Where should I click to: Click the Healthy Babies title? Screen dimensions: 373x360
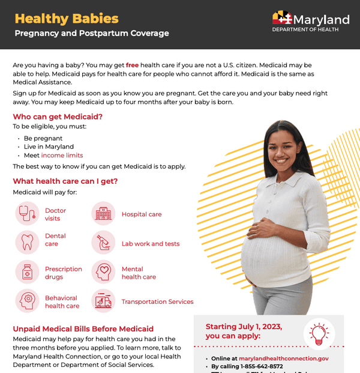click(67, 19)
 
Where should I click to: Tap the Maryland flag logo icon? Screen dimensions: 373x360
click(283, 17)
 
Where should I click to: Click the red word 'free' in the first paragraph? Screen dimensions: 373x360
click(133, 64)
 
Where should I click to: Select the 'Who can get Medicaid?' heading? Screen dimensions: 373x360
click(58, 117)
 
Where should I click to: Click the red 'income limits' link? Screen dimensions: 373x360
click(62, 156)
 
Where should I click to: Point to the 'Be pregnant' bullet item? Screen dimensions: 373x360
click(43, 138)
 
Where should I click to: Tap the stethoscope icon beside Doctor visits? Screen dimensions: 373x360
click(27, 214)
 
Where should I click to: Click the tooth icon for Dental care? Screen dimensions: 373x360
click(27, 242)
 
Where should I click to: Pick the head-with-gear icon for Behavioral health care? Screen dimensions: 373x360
click(27, 300)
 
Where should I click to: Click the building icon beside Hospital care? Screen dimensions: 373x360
click(103, 214)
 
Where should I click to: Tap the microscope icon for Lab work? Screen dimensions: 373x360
click(103, 243)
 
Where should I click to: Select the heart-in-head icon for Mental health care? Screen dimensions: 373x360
click(103, 272)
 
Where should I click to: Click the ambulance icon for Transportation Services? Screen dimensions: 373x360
click(103, 301)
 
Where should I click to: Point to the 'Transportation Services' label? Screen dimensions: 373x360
click(157, 302)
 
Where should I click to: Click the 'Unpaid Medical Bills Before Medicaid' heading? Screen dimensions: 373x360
click(83, 329)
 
